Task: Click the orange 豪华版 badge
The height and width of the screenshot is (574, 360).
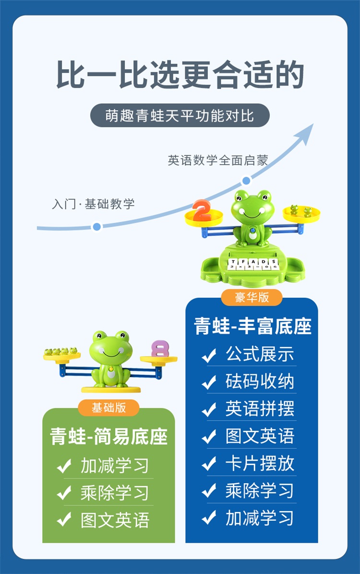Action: pos(252,297)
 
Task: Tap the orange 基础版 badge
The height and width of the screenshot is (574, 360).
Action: pos(109,408)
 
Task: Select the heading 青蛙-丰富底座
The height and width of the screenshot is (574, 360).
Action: pos(253,327)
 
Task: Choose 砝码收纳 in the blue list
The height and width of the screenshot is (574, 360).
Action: pos(260,382)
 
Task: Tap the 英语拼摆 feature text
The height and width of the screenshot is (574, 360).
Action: pos(260,409)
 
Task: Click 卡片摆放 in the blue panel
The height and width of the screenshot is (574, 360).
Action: pos(260,464)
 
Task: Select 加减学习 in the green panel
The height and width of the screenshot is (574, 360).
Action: pos(115,466)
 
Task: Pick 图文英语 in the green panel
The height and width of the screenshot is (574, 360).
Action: pos(115,521)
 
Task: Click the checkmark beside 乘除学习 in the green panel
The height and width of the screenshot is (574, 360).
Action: pos(64,493)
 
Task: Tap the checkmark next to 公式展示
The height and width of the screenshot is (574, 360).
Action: pos(209,355)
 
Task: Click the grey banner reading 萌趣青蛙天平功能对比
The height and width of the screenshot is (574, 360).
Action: pos(180,116)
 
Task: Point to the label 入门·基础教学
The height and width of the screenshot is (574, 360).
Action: pos(93,204)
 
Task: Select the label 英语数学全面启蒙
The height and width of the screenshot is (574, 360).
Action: pos(217,160)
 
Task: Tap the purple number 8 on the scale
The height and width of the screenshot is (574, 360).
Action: pos(160,349)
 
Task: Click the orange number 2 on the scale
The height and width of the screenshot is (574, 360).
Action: pos(202,210)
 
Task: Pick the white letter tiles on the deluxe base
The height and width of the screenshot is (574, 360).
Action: pos(252,264)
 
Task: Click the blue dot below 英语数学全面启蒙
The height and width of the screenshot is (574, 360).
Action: pos(246,181)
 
